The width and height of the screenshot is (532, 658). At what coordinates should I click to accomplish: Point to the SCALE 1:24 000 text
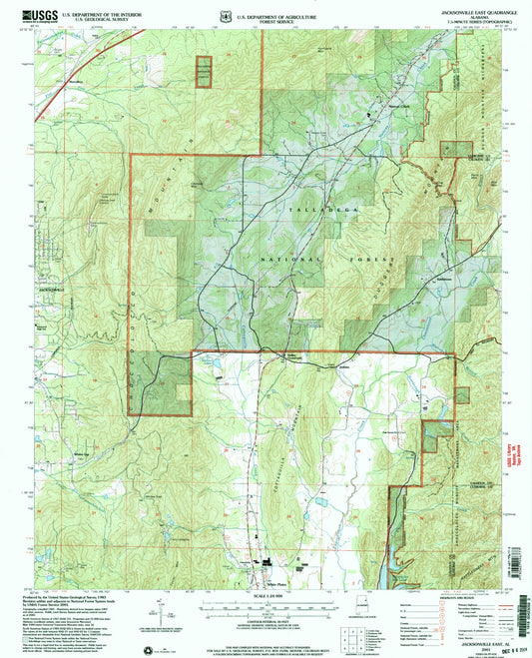(x=265, y=598)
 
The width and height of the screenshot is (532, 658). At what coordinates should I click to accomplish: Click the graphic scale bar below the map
(x=265, y=608)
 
